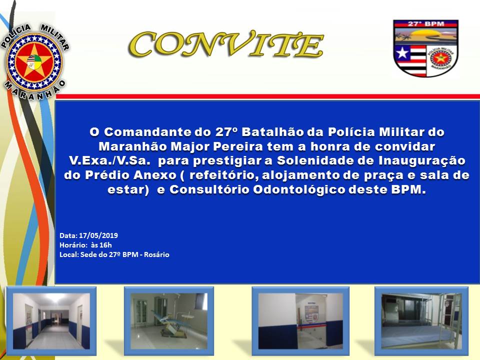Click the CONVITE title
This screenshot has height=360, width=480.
point(226,44)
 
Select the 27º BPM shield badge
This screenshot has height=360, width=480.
point(425,48)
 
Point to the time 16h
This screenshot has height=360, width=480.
point(105,245)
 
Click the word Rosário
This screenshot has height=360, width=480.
point(156,254)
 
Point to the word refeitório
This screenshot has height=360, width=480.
point(220,176)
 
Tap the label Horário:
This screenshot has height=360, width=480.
point(70,245)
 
